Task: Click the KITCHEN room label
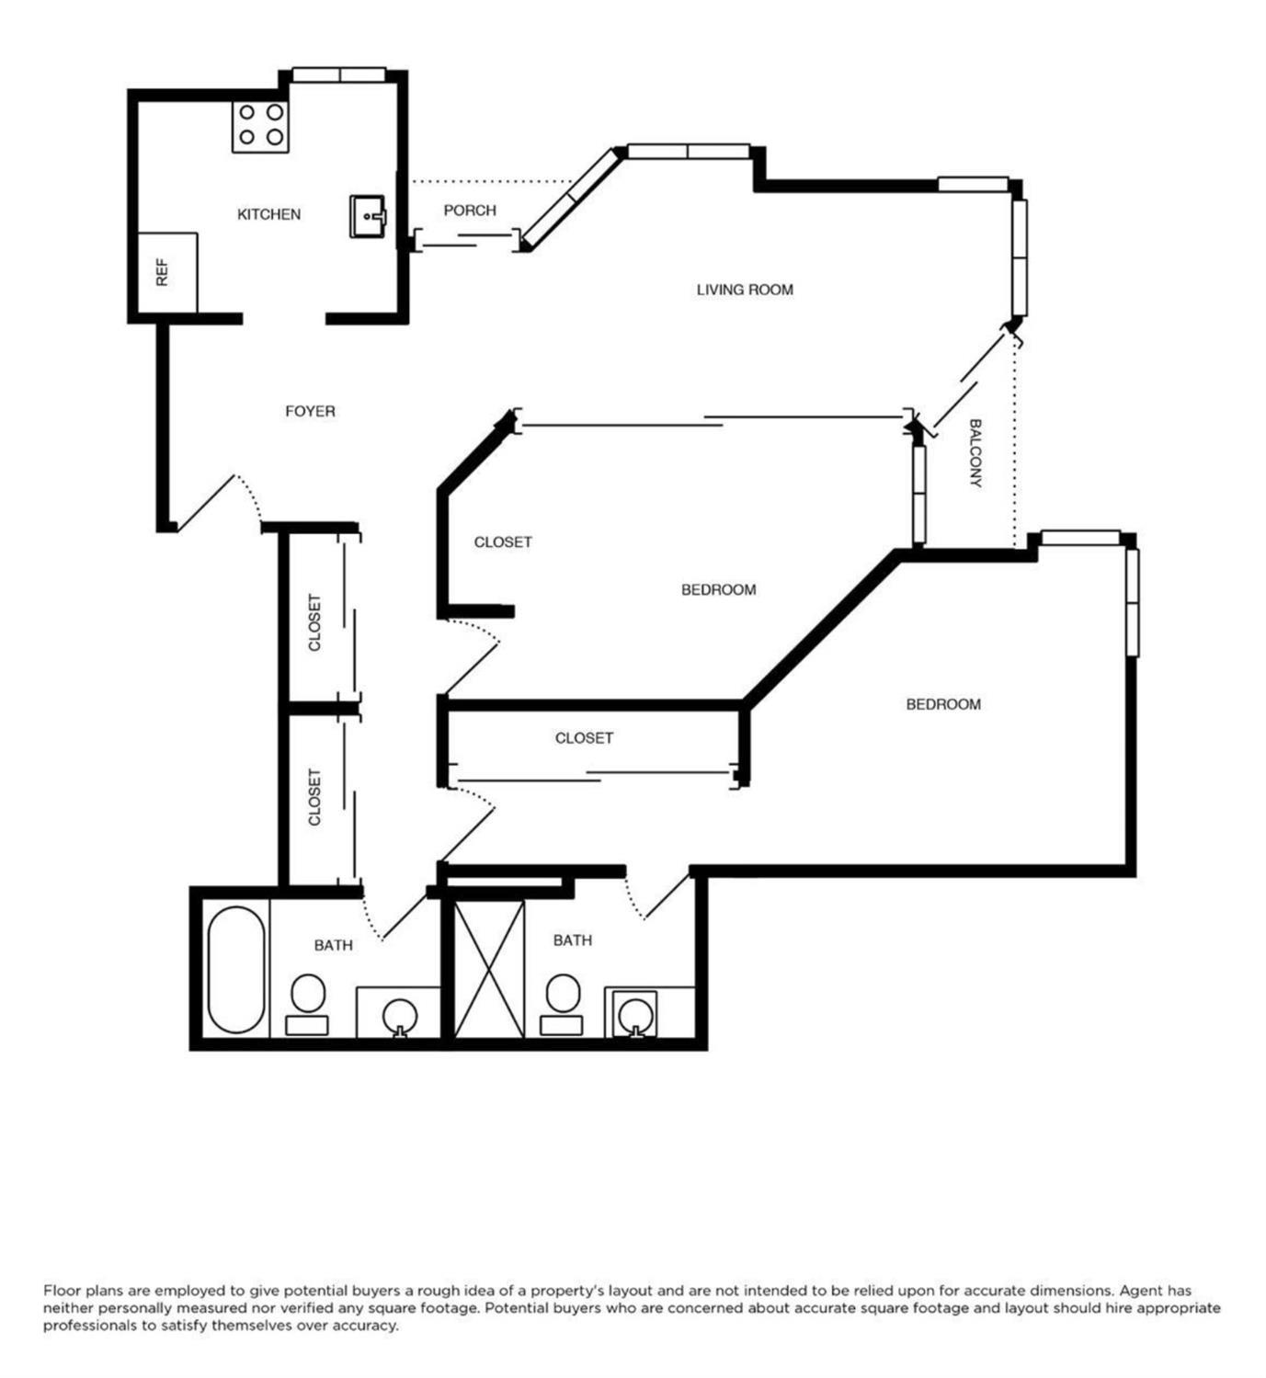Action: pyautogui.click(x=268, y=214)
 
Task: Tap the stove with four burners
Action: pyautogui.click(x=260, y=127)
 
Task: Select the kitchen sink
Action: pyautogui.click(x=369, y=216)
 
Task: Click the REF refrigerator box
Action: pyautogui.click(x=167, y=273)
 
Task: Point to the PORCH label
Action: pyautogui.click(x=470, y=211)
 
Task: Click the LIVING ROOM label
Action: pyautogui.click(x=745, y=290)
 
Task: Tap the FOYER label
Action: pyautogui.click(x=310, y=412)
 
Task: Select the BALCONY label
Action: pyautogui.click(x=975, y=452)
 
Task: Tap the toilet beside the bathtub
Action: pyautogui.click(x=307, y=1004)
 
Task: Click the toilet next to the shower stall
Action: pyautogui.click(x=563, y=1004)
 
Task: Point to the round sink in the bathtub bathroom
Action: pyautogui.click(x=399, y=1015)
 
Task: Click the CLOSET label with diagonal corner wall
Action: pyautogui.click(x=503, y=542)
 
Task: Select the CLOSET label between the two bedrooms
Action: pyautogui.click(x=584, y=738)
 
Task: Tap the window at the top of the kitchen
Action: pyautogui.click(x=339, y=74)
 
